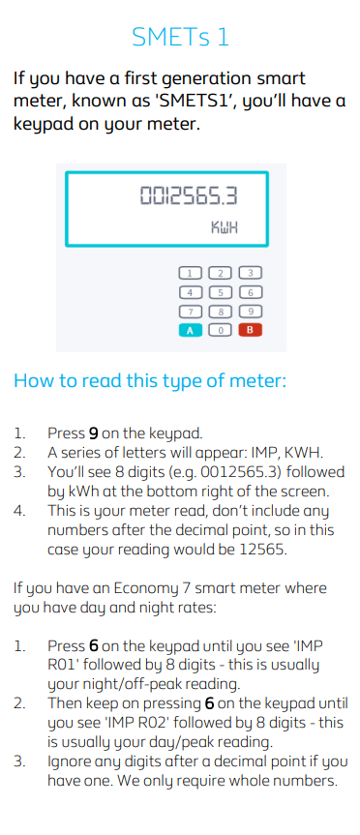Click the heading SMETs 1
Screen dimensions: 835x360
[180, 37]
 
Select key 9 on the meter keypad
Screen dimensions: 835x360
[251, 312]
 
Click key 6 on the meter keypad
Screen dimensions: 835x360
[251, 292]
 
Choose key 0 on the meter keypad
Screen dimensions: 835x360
[221, 330]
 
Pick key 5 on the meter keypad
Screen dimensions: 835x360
[221, 292]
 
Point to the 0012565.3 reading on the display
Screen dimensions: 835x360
[188, 197]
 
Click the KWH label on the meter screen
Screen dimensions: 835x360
[225, 228]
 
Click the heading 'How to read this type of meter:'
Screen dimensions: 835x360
[150, 380]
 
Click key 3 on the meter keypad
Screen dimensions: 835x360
[251, 273]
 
